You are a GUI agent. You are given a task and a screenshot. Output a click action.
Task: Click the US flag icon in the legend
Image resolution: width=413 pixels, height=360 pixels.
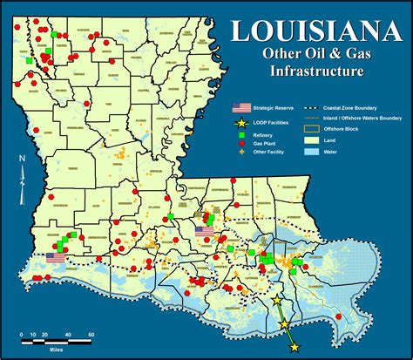(x=241, y=108)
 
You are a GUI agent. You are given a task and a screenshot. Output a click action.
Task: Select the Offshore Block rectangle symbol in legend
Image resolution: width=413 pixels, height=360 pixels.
(x=333, y=129)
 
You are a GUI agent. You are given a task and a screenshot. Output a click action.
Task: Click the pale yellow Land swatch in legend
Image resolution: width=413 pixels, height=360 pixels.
(x=333, y=139)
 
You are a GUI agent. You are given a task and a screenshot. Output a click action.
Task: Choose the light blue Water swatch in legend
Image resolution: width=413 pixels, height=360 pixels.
(x=333, y=152)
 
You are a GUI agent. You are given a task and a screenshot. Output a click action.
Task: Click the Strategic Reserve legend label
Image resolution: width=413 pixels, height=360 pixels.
(x=276, y=108)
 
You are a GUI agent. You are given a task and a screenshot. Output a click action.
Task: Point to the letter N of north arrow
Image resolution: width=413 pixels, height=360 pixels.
(x=22, y=159)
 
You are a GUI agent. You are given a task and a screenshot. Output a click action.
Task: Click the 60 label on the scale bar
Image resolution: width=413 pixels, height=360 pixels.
(x=91, y=336)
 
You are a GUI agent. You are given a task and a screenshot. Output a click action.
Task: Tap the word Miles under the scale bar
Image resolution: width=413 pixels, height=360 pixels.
(x=56, y=344)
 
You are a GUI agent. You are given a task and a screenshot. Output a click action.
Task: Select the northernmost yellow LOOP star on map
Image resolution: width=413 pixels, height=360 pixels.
(x=277, y=300)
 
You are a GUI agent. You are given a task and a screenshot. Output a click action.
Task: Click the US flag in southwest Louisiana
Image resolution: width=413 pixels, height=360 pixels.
(x=56, y=258)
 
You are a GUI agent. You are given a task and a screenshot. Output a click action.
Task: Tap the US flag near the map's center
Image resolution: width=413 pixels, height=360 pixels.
(x=205, y=231)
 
